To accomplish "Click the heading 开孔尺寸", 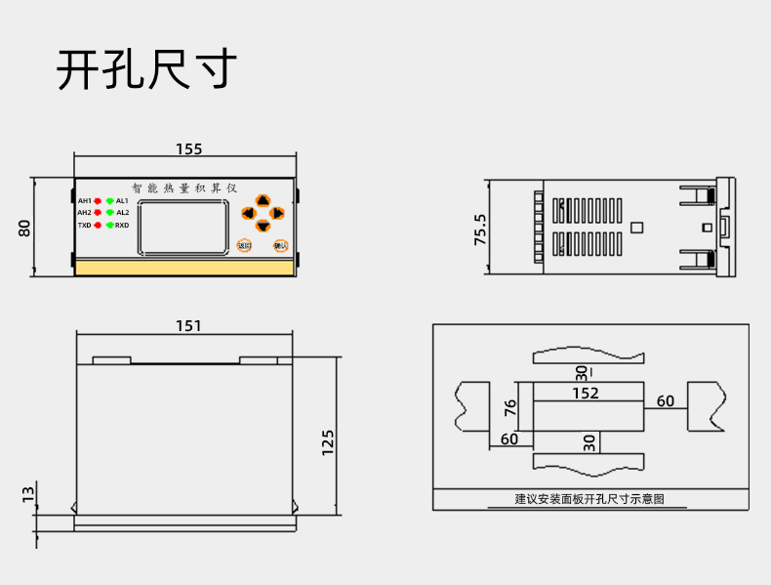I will pyautogui.click(x=146, y=69).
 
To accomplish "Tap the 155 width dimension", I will pyautogui.click(x=188, y=149).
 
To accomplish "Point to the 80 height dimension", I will pyautogui.click(x=25, y=228).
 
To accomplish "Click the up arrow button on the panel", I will pyautogui.click(x=263, y=200).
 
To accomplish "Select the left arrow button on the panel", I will pyautogui.click(x=248, y=213).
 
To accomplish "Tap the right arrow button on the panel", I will pyautogui.click(x=277, y=213).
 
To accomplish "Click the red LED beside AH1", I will pyautogui.click(x=98, y=200).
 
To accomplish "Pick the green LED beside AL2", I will pyautogui.click(x=110, y=212).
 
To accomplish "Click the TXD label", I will pyautogui.click(x=84, y=225).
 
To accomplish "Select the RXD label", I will pyautogui.click(x=122, y=225).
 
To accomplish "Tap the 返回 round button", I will pyautogui.click(x=244, y=245).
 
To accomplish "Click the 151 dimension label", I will pyautogui.click(x=188, y=326).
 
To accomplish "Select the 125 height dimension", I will pyautogui.click(x=328, y=442).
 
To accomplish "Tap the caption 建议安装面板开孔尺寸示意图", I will pyautogui.click(x=589, y=499).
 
